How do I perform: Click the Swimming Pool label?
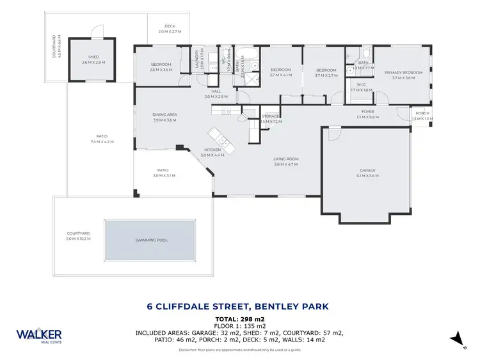[149, 240]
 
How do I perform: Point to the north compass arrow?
[457, 339]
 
